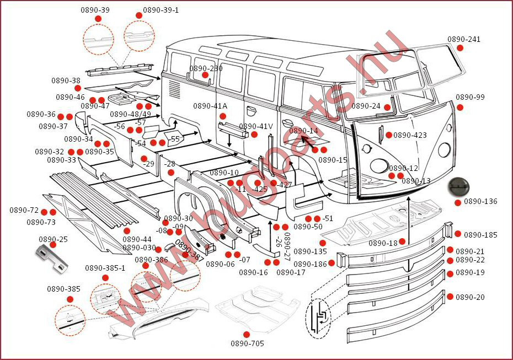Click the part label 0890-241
pos(463,39)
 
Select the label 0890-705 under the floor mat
pos(247,343)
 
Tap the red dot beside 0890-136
pos(458,202)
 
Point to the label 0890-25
pos(54,239)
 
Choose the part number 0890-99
pos(470,98)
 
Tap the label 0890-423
pos(410,135)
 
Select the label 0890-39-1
pos(161,10)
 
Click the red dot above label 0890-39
pos(98,19)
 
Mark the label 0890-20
pos(470,297)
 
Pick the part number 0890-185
pos(480,235)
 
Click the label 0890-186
pos(311,264)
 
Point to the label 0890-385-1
pos(105,268)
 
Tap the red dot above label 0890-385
pos(70,299)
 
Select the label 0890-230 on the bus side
pos(206,68)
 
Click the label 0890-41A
pos(210,106)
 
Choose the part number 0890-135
pos(310,251)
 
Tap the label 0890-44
pos(137,239)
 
